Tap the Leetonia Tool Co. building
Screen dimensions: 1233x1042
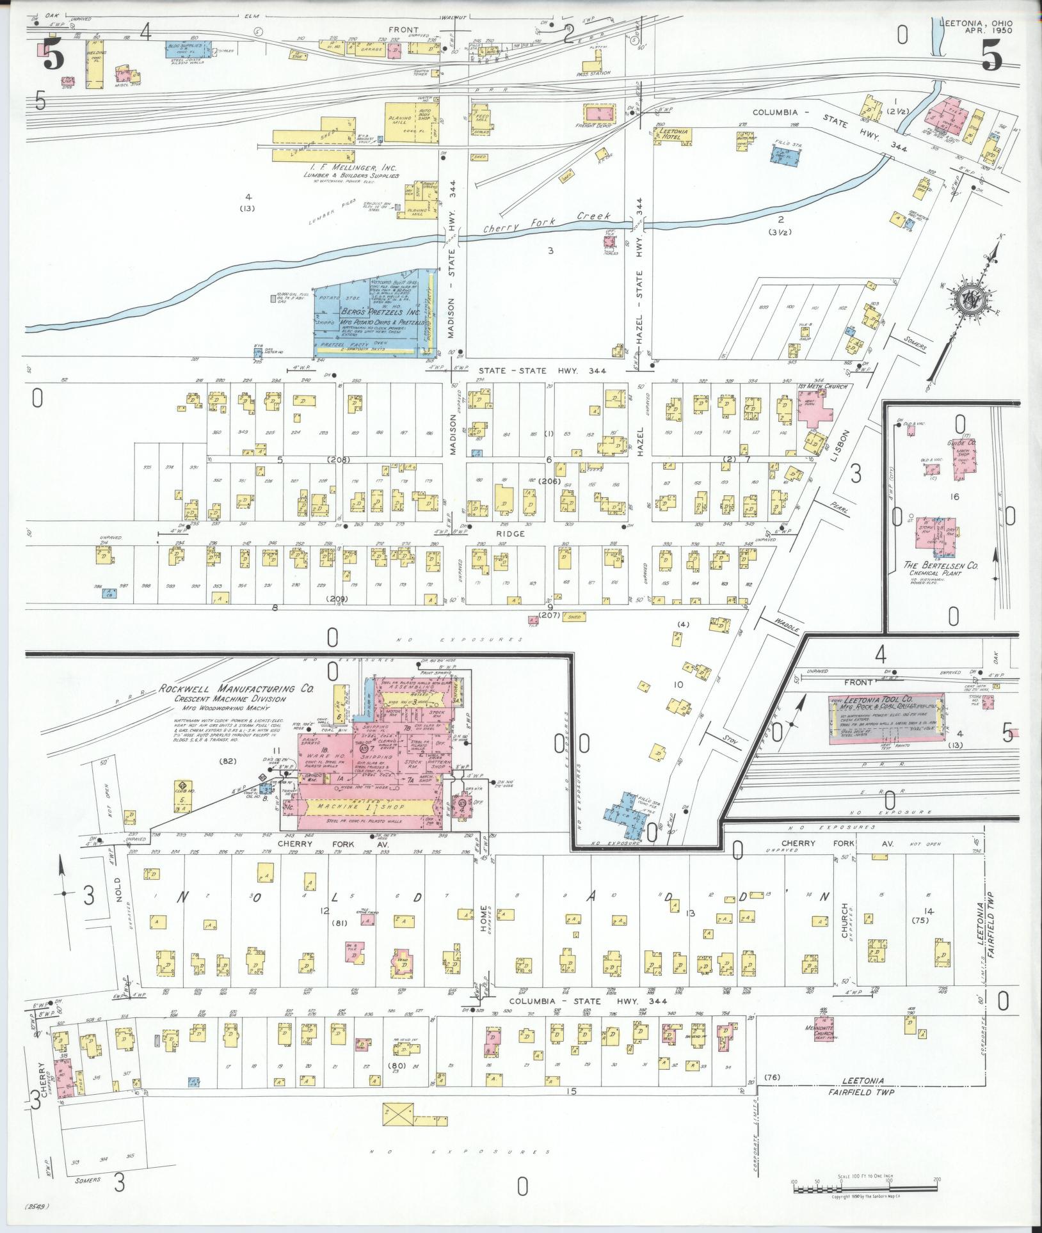click(x=886, y=719)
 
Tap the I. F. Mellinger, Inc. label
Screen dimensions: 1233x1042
click(x=352, y=168)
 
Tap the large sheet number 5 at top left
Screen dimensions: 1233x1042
click(x=52, y=54)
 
